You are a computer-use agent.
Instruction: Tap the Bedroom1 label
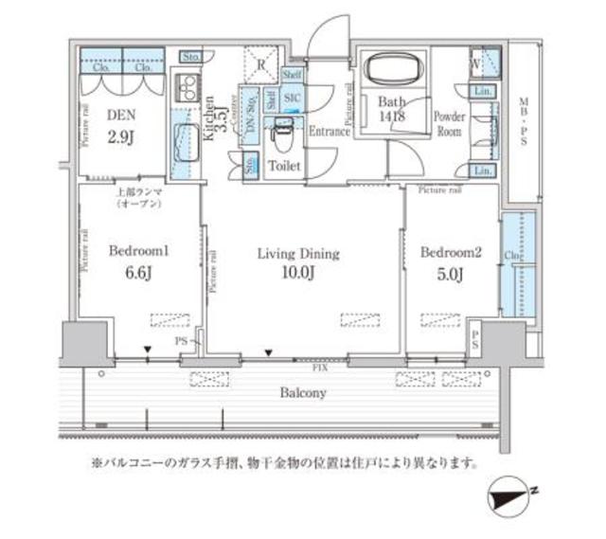[x=138, y=252]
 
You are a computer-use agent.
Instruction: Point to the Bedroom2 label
[x=451, y=252]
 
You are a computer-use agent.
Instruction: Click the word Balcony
[x=303, y=392]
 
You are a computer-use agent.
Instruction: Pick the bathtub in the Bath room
[x=392, y=72]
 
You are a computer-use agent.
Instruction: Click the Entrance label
[x=330, y=132]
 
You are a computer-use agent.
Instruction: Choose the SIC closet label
[x=291, y=97]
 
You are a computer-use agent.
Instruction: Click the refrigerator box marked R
[x=262, y=64]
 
